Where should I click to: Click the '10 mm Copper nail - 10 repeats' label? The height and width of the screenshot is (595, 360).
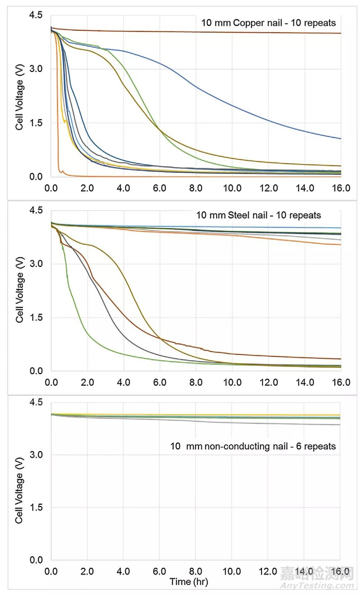pyautogui.click(x=268, y=23)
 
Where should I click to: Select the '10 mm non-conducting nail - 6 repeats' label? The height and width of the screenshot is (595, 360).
pyautogui.click(x=253, y=446)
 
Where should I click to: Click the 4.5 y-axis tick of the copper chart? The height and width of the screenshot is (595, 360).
pyautogui.click(x=35, y=15)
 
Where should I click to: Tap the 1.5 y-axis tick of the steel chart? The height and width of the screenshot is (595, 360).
pyautogui.click(x=35, y=318)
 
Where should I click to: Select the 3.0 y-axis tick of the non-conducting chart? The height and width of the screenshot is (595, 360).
pyautogui.click(x=35, y=455)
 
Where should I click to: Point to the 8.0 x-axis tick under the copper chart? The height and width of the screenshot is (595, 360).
pyautogui.click(x=195, y=188)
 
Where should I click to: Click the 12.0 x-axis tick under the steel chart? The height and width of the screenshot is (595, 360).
pyautogui.click(x=268, y=383)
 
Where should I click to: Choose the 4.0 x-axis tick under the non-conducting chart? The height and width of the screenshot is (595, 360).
pyautogui.click(x=123, y=572)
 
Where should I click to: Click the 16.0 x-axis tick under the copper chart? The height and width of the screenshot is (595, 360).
pyautogui.click(x=340, y=188)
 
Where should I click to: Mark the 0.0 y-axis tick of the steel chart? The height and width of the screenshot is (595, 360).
pyautogui.click(x=35, y=371)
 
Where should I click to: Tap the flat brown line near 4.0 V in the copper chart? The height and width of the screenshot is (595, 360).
pyautogui.click(x=212, y=32)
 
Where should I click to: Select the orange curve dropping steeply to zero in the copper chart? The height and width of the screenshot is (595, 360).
pyautogui.click(x=57, y=106)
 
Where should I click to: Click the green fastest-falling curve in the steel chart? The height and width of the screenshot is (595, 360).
pyautogui.click(x=79, y=318)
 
